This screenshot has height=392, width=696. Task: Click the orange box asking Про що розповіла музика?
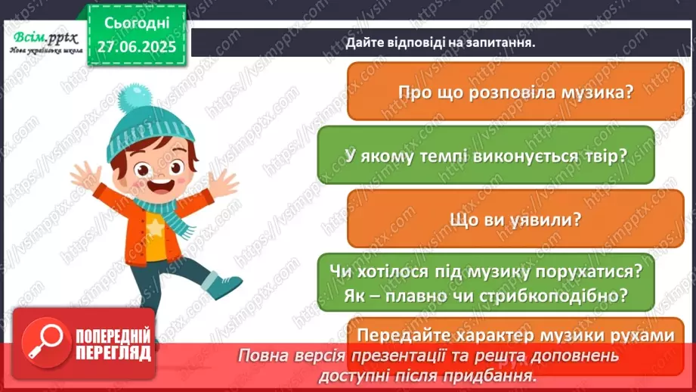515,92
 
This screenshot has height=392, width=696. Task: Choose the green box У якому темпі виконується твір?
485,155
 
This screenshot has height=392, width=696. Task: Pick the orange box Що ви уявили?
515,218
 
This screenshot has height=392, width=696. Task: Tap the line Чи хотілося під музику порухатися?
485,270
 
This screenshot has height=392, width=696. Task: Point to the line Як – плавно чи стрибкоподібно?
485,291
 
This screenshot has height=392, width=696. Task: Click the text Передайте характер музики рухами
515,334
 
